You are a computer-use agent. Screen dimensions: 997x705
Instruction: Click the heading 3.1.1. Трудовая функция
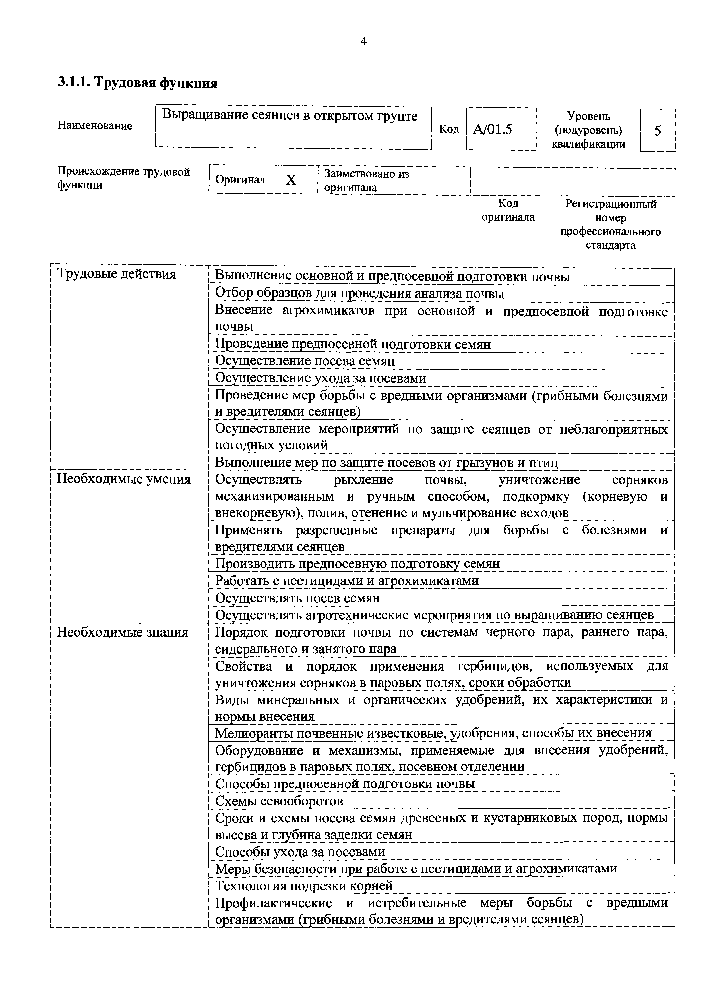[x=137, y=82]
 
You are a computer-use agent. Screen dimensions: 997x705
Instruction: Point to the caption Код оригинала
[x=508, y=210]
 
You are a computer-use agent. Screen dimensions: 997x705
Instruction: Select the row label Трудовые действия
[x=117, y=274]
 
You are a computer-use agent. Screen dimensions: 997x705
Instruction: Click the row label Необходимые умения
[x=124, y=479]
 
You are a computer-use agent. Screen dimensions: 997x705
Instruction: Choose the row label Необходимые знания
[x=123, y=632]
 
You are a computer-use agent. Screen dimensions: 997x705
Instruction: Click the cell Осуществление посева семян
[x=305, y=361]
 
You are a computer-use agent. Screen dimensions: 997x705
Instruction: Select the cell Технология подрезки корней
[x=304, y=885]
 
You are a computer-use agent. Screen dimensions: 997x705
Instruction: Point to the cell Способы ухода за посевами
[x=300, y=851]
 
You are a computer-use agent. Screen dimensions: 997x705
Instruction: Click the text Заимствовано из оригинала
[x=366, y=181]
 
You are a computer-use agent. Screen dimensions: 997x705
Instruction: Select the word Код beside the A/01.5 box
[x=449, y=129]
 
